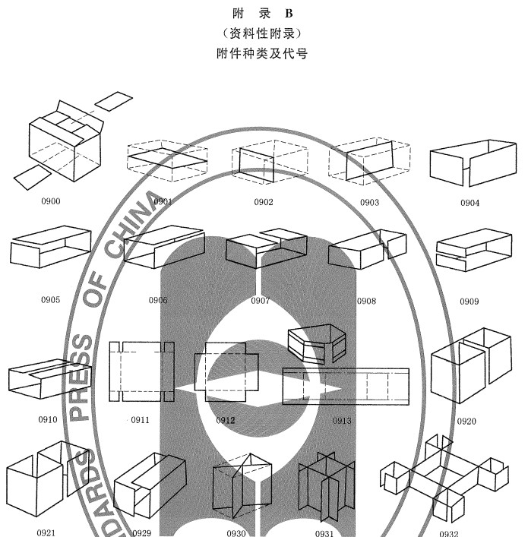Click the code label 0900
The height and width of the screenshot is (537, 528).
pos(52,201)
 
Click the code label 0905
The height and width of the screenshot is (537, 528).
pos(50,299)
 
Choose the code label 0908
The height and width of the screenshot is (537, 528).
pos(365,301)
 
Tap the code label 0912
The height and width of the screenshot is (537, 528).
pos(226,419)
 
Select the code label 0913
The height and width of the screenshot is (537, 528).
pos(342,420)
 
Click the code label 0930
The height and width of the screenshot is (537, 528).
pos(236,532)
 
